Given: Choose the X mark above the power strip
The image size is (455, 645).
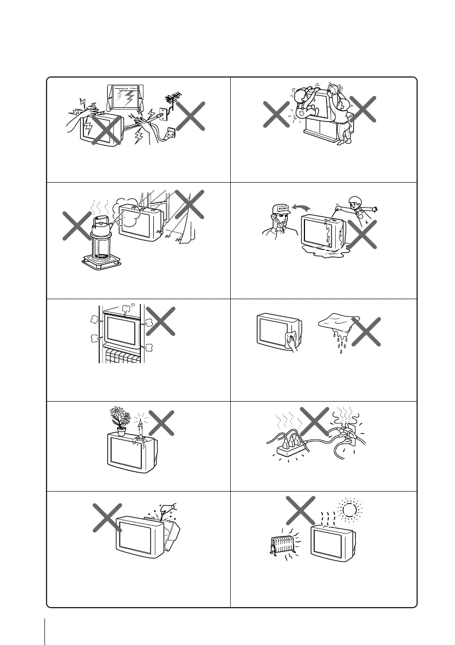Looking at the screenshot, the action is point(314,423).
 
